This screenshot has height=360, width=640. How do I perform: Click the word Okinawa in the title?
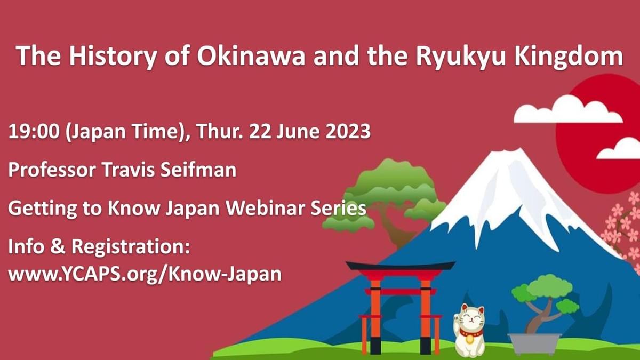(x=251, y=56)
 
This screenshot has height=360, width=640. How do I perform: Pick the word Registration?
(x=130, y=247)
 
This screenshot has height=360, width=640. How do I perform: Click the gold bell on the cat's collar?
(x=469, y=339)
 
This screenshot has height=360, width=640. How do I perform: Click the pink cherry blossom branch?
(x=623, y=229)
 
